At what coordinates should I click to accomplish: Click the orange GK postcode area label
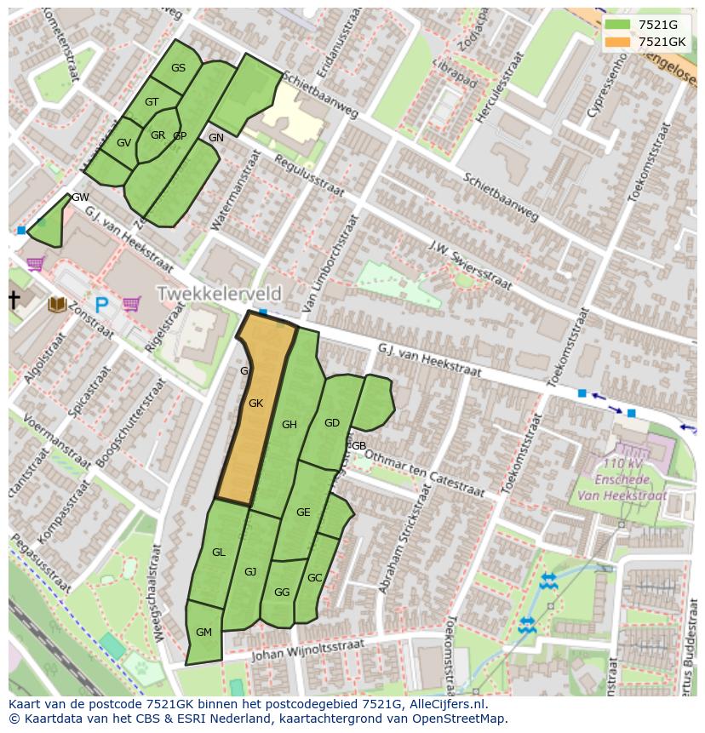[255, 404]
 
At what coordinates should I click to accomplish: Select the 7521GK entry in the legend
[661, 42]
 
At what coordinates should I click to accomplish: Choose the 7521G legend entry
[657, 26]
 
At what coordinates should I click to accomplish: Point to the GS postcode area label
[178, 68]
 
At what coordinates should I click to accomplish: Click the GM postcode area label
[203, 632]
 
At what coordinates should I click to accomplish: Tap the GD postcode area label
[332, 422]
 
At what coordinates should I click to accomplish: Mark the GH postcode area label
[289, 425]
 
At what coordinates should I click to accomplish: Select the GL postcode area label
[219, 553]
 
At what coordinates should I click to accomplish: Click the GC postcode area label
[315, 578]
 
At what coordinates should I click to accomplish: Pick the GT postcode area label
[152, 102]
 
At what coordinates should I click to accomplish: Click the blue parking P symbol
[102, 304]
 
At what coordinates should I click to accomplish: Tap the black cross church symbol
[14, 300]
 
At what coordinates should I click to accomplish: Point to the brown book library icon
[58, 304]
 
